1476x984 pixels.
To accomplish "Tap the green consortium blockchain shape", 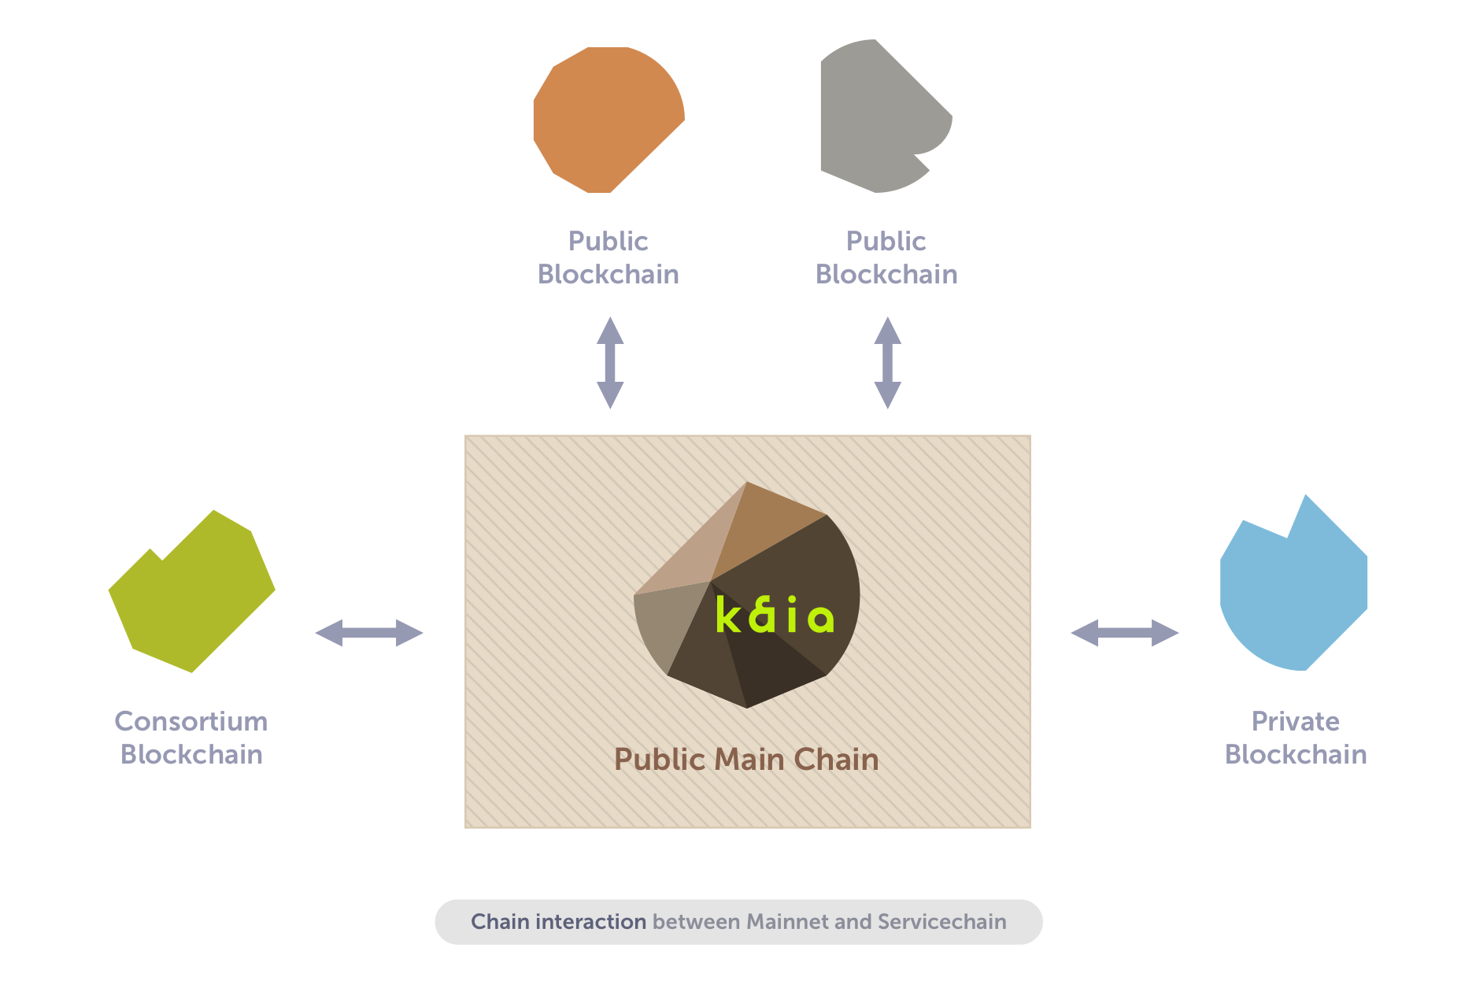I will (x=192, y=594).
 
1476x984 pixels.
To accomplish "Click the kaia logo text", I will (x=775, y=616).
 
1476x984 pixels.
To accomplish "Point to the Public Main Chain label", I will (x=746, y=760).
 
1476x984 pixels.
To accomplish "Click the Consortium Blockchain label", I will (x=191, y=738).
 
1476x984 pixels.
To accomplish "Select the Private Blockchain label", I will (x=1295, y=738).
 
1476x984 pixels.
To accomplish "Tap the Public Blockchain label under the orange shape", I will (x=608, y=257).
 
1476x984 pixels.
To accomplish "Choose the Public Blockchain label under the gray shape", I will (x=886, y=257).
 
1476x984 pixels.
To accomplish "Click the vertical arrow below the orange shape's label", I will (x=610, y=363).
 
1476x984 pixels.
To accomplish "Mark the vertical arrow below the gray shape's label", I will (x=888, y=363).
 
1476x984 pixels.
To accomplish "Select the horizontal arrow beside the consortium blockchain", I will (x=369, y=632).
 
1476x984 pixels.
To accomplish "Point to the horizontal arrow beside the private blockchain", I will (x=1124, y=632).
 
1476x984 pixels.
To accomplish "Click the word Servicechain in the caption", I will (x=941, y=922).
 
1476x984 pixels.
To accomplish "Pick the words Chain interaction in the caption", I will (x=558, y=922).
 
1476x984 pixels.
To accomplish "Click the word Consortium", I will (x=191, y=721).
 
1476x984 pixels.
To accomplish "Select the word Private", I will (x=1295, y=721).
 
